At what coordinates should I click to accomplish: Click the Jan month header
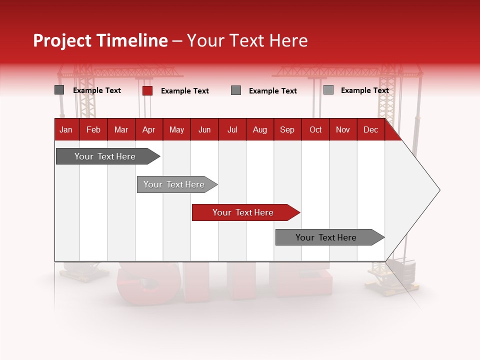(66, 129)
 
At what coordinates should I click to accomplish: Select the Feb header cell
(93, 129)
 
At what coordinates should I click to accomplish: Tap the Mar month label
(121, 129)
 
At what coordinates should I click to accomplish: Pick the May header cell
(176, 129)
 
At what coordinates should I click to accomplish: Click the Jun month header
(204, 129)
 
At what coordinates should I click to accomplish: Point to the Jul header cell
(232, 129)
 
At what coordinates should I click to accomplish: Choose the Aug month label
(260, 129)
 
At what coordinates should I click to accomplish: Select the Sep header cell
(287, 129)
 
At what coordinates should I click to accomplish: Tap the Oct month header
(315, 129)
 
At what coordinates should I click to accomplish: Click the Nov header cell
(343, 129)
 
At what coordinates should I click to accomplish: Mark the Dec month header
(371, 129)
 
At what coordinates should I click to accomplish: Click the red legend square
(147, 90)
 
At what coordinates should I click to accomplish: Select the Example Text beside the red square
(185, 91)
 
